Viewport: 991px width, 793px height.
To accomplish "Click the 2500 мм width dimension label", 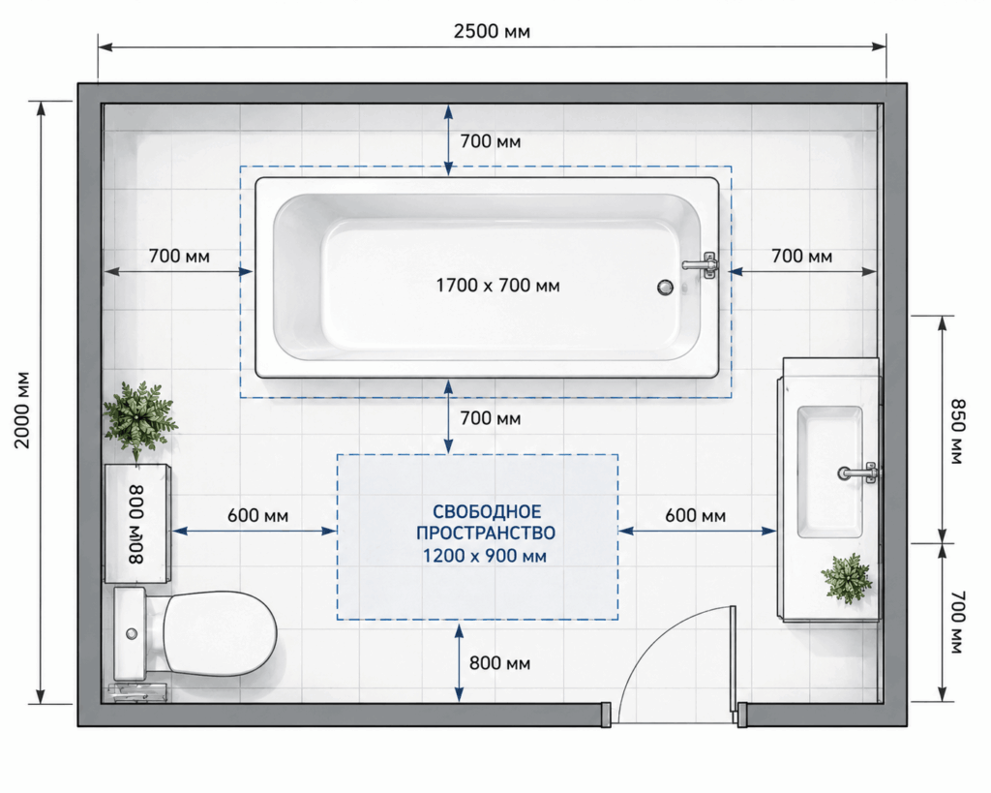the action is (492, 31).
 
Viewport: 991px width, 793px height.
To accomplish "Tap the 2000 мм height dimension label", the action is (23, 410).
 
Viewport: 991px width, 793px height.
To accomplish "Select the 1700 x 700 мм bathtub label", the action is (498, 286).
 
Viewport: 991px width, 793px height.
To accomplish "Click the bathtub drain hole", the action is (665, 288).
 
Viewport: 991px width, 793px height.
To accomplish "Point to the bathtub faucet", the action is (701, 265).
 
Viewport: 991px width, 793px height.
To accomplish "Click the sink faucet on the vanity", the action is (858, 473).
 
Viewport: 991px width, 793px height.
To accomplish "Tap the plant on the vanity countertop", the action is (847, 578).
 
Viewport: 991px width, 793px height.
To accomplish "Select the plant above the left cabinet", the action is (139, 418).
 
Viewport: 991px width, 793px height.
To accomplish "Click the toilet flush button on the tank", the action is (132, 633).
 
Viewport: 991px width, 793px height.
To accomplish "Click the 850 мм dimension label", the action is (958, 431).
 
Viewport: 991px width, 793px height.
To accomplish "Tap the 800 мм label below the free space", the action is (499, 663).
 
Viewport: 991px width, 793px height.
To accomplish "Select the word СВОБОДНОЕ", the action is (487, 511).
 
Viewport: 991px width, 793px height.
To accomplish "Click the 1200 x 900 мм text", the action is (485, 556).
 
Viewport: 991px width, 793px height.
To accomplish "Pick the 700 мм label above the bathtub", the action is (491, 141).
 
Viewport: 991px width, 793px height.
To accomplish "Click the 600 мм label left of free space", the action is (257, 516).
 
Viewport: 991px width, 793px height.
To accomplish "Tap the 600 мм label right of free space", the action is (695, 516).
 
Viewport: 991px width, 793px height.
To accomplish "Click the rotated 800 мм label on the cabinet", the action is (136, 524).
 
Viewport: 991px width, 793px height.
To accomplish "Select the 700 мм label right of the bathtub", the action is (801, 257).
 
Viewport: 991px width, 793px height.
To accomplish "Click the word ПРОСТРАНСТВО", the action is (486, 534).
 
